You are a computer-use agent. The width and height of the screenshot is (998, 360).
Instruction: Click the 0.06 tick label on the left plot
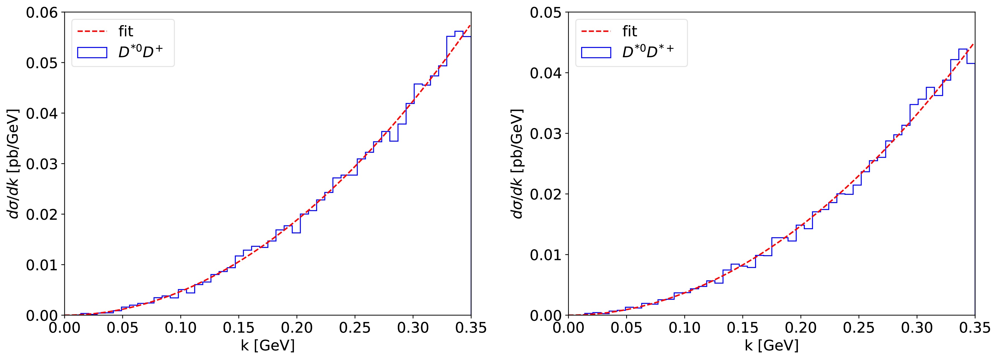(x=42, y=13)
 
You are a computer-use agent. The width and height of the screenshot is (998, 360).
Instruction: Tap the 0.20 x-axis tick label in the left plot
(x=297, y=328)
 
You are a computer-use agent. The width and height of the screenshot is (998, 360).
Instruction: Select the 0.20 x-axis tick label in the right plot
(x=801, y=328)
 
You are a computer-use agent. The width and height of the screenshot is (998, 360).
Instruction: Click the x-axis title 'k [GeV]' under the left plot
(x=268, y=345)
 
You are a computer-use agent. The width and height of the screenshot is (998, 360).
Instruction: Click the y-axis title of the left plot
(x=14, y=164)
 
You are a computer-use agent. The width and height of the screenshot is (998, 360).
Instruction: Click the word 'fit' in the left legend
(x=126, y=31)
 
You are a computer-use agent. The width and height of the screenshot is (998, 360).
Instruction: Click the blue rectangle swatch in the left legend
(x=92, y=52)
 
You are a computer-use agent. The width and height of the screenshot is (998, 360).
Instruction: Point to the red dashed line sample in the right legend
(x=596, y=31)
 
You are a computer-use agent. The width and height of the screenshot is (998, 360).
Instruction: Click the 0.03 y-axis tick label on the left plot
(x=42, y=164)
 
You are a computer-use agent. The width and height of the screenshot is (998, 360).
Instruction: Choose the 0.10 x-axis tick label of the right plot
(x=685, y=328)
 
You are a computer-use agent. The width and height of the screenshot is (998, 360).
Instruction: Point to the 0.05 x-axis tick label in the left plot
(x=122, y=328)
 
